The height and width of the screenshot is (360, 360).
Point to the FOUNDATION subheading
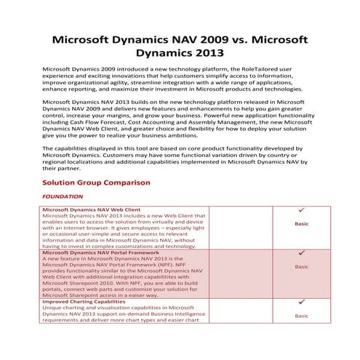63,196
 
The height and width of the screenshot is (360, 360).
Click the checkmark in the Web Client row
300,210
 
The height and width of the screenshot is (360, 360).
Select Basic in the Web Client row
300,224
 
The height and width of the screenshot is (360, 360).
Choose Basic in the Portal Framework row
300,267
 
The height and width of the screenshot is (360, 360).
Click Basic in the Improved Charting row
300,316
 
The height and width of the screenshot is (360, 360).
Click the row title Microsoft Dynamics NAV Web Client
92,209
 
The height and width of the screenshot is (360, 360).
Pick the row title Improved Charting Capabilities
83,301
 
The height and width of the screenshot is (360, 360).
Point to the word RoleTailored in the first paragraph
275,67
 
